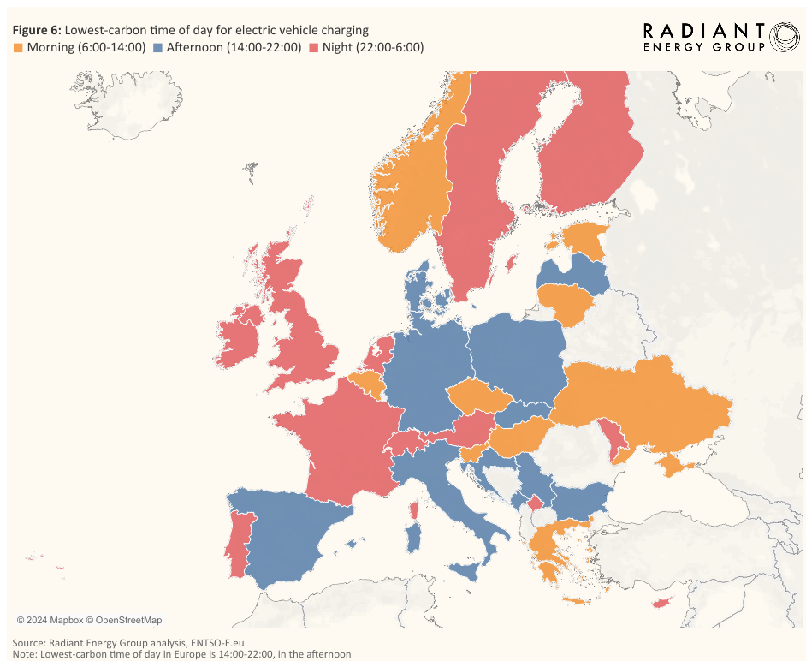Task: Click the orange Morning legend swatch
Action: tap(17, 47)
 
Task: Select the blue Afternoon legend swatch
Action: tap(158, 47)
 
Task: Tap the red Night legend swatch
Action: tap(315, 47)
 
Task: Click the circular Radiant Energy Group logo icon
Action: tap(785, 37)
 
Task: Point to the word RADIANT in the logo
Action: tap(703, 31)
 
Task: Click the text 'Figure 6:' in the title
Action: tap(37, 30)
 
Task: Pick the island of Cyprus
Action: tap(661, 603)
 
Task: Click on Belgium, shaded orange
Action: tap(366, 382)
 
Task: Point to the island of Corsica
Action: tap(414, 509)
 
